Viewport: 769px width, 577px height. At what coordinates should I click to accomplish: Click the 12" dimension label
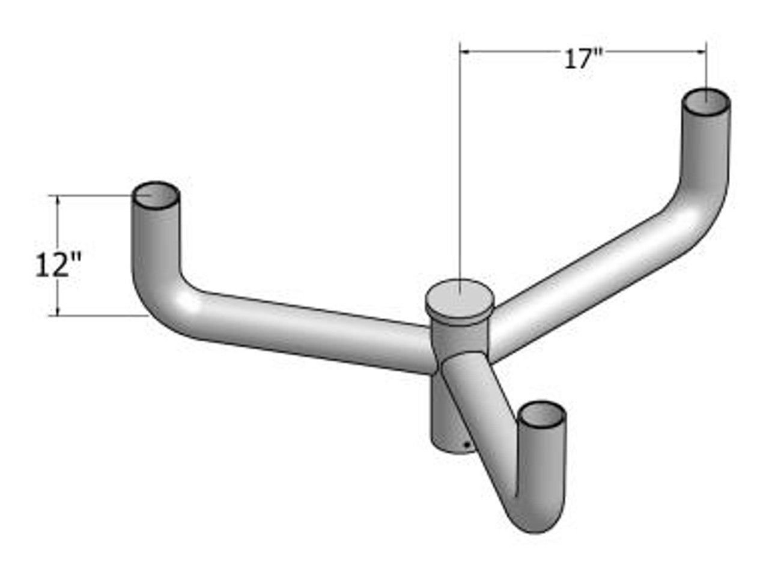[58, 264]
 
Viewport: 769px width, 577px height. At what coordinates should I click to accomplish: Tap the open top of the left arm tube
[156, 195]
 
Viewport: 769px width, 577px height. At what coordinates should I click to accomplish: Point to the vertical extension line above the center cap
[460, 180]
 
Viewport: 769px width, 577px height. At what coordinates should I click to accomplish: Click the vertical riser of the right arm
[707, 150]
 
